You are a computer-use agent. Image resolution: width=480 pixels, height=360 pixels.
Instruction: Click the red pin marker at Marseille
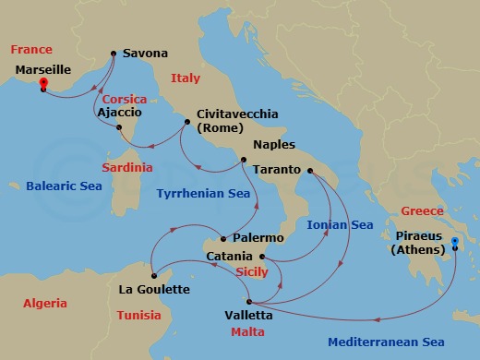[42, 85]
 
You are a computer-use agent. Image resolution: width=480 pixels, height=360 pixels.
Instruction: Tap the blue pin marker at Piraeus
[455, 245]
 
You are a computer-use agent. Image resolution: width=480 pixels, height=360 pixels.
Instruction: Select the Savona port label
[145, 54]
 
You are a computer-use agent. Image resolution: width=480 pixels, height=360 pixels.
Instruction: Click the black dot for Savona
[114, 54]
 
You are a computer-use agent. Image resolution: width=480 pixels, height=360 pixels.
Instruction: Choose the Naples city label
[272, 145]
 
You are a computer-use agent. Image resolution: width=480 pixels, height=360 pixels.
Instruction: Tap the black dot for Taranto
[310, 171]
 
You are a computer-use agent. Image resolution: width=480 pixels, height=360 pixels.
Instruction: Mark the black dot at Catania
[262, 257]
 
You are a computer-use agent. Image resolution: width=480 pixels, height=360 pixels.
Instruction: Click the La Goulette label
[154, 289]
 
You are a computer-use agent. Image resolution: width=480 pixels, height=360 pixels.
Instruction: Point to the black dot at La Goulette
[154, 273]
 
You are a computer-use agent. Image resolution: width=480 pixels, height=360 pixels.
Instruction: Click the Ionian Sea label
[339, 224]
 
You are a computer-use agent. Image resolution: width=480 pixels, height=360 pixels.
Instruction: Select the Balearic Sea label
[63, 186]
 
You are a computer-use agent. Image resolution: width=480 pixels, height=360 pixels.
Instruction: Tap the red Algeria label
[44, 303]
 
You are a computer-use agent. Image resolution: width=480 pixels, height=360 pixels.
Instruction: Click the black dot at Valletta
[248, 301]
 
